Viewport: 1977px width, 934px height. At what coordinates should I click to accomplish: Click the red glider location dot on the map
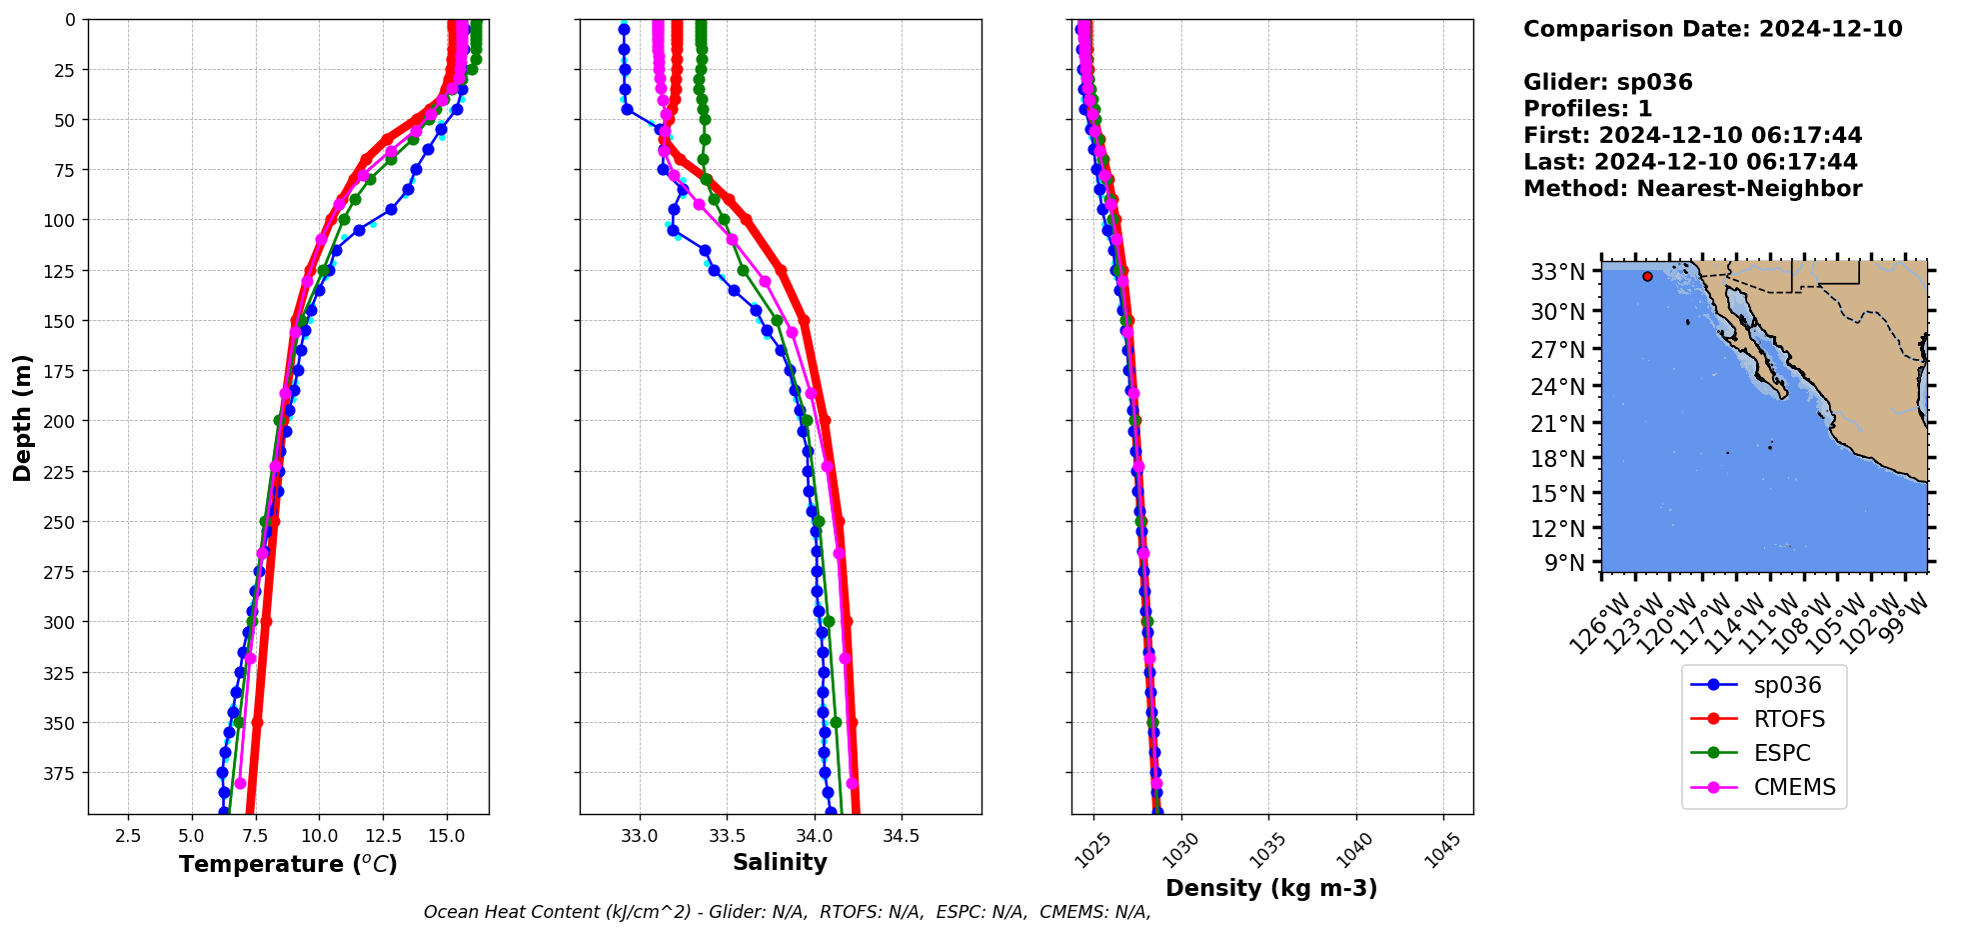(1647, 276)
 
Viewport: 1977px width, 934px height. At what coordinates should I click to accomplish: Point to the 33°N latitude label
(1557, 272)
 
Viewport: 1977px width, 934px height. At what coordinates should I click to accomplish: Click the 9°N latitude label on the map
(1565, 563)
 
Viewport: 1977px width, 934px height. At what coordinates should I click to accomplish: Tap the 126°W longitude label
(1598, 624)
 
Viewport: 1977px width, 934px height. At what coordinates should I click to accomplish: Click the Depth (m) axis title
(23, 417)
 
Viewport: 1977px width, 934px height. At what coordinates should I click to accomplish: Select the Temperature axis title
(288, 864)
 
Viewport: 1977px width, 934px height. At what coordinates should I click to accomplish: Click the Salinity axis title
(780, 862)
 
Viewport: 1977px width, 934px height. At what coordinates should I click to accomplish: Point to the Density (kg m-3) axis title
(1271, 888)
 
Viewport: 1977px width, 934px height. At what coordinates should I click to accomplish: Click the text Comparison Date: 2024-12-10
(1712, 29)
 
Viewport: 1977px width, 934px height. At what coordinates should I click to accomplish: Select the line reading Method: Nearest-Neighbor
(1692, 189)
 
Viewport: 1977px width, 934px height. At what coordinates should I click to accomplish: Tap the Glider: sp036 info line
(1607, 82)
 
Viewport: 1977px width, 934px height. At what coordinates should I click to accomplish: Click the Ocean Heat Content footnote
(787, 912)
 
